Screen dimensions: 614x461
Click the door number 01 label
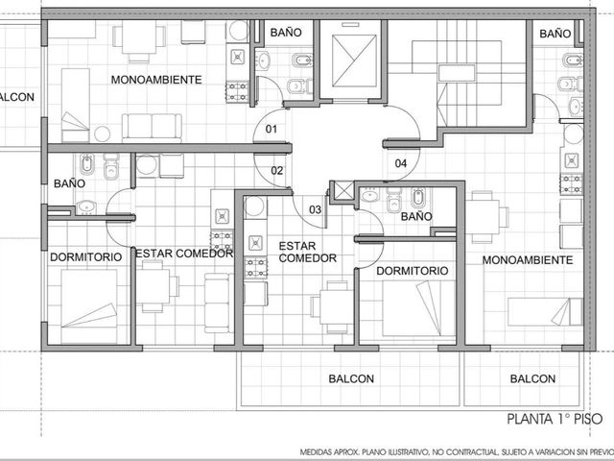pos(271,129)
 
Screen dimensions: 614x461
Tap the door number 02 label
pos(277,171)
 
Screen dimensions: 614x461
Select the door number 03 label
pos(316,209)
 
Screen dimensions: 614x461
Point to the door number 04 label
pos(401,163)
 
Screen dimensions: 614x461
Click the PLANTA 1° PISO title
pos(555,419)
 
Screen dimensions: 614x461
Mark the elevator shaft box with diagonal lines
pos(354,61)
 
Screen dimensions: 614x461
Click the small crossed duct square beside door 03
pos(343,191)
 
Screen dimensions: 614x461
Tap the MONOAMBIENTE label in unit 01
pos(156,80)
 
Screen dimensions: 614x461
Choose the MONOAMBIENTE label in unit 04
pos(527,260)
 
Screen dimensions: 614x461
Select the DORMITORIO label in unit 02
pos(85,257)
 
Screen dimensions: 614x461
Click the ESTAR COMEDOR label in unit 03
pos(307,252)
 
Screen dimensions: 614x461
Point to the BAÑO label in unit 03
pos(416,216)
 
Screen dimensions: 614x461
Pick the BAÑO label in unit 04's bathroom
pos(555,34)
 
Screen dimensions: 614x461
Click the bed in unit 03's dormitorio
pos(419,308)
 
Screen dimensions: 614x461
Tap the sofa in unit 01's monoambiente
pos(152,128)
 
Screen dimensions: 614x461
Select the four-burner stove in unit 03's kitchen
pos(256,267)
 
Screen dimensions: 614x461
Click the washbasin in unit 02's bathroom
pos(86,207)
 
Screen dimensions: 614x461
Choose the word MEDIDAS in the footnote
pos(319,452)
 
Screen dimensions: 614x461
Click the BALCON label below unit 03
pos(351,378)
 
